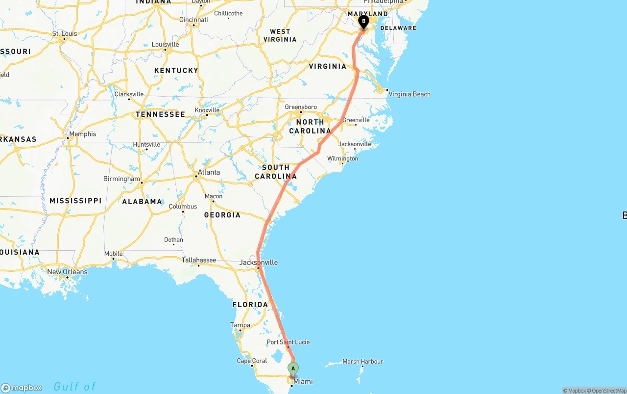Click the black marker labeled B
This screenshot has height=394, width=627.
click(x=363, y=21)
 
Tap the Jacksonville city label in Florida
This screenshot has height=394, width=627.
click(x=258, y=263)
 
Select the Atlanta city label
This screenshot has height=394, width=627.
click(x=208, y=172)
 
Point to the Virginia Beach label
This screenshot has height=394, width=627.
click(x=410, y=94)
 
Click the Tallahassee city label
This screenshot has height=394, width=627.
click(x=199, y=260)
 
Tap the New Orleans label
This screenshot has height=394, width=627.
click(x=67, y=272)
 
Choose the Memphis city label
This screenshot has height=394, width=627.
click(x=82, y=134)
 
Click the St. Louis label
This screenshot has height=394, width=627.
click(x=65, y=34)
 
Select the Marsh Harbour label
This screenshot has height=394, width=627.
click(x=362, y=362)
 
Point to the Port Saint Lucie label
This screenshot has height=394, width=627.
click(x=288, y=342)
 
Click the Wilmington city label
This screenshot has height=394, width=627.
click(x=342, y=158)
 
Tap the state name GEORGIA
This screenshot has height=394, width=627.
click(x=222, y=215)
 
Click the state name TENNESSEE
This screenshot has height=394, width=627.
click(x=160, y=114)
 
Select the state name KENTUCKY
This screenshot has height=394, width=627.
click(x=176, y=71)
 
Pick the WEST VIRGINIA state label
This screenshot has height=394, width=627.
click(x=280, y=35)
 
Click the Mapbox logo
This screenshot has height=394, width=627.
click(x=22, y=388)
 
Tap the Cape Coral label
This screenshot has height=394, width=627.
click(x=252, y=361)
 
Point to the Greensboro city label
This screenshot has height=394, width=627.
click(x=301, y=107)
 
